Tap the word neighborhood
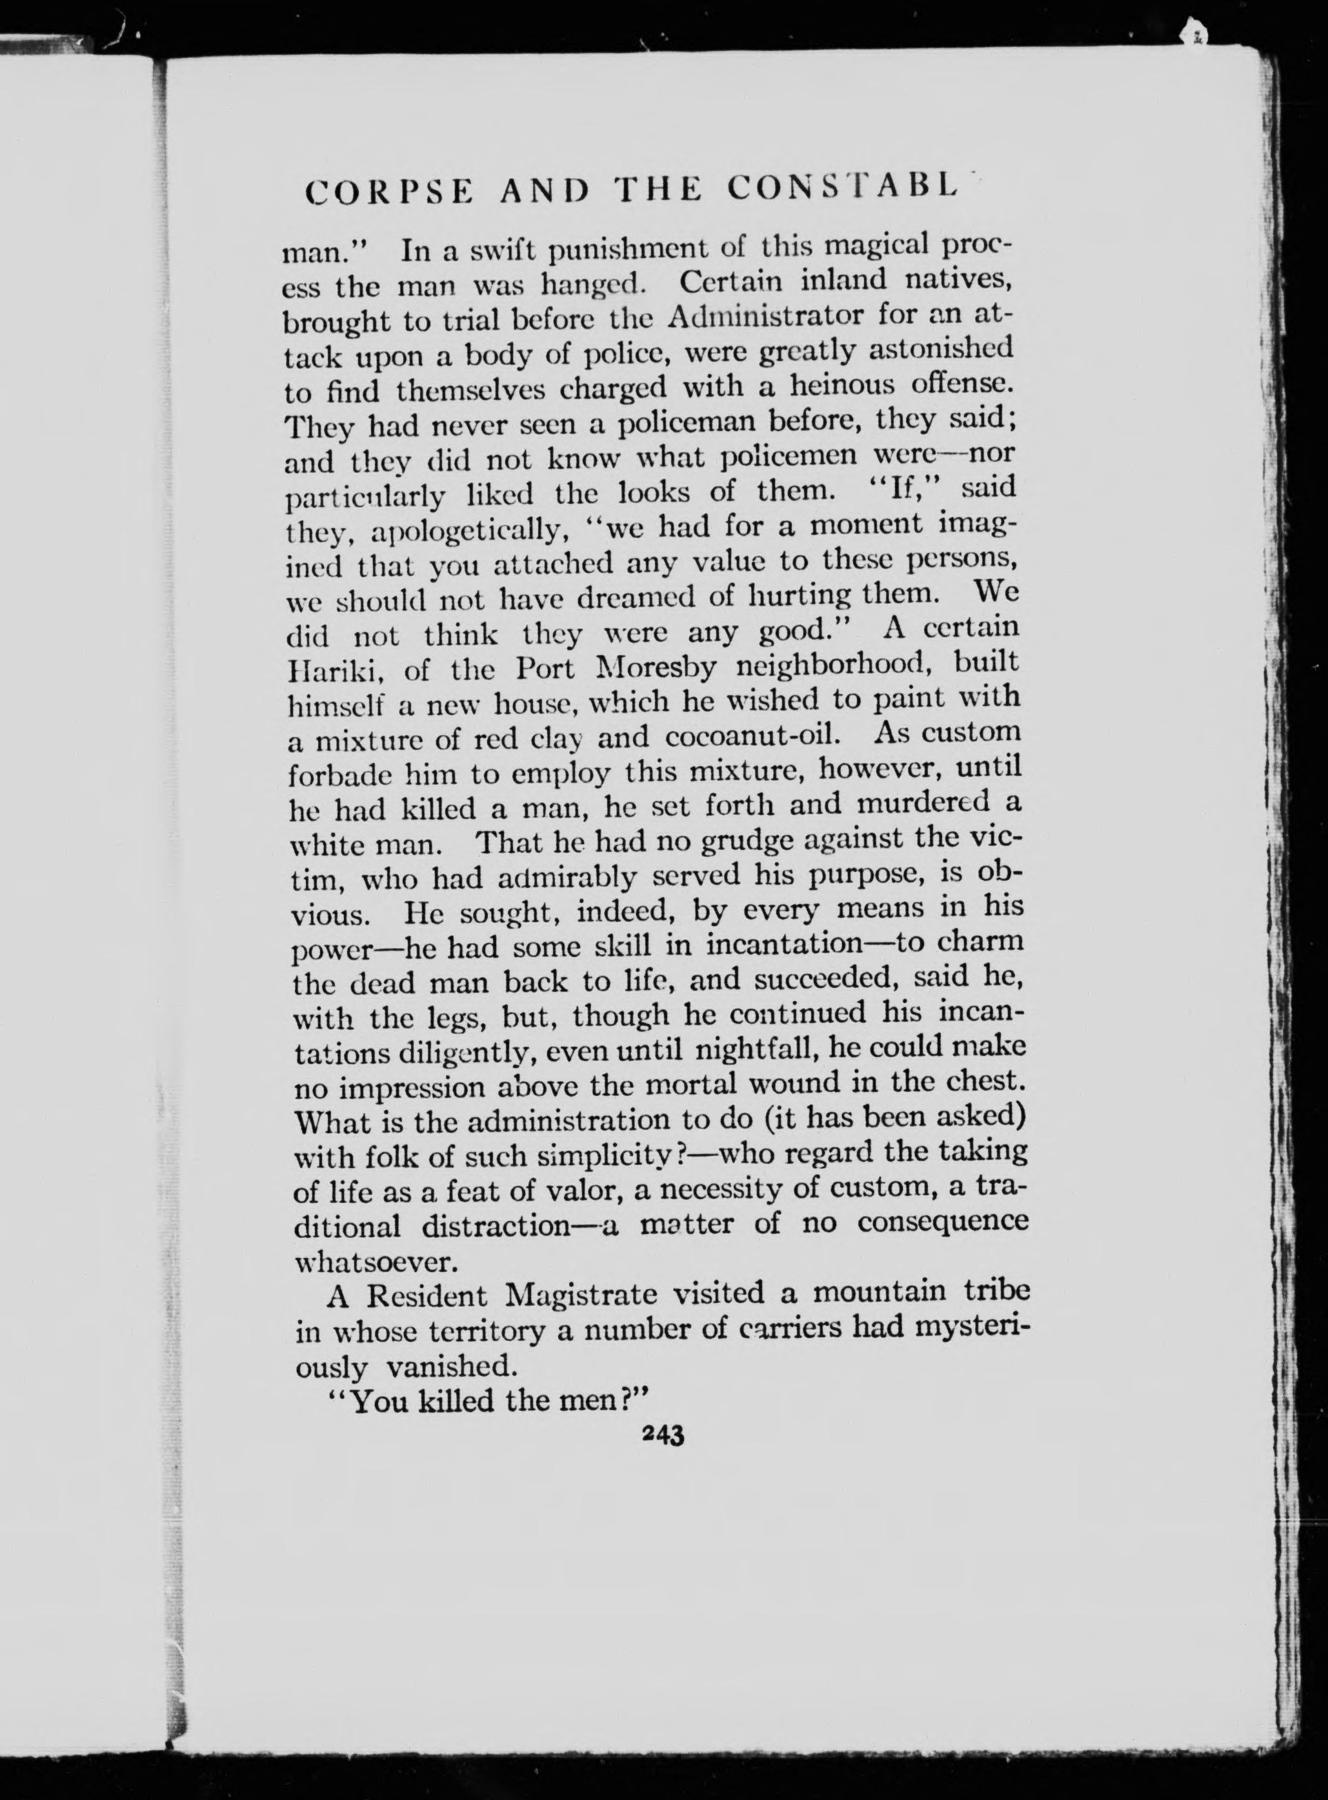[x=844, y=667]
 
